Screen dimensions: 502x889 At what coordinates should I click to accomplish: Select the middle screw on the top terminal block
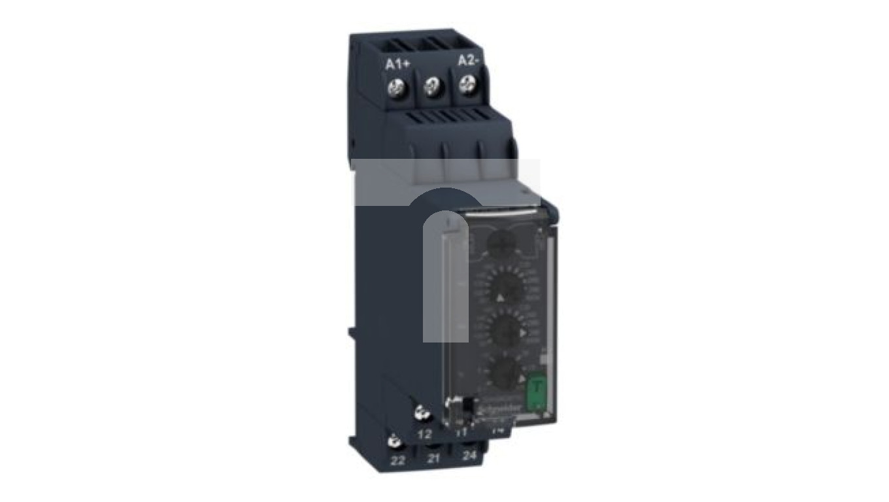[432, 85]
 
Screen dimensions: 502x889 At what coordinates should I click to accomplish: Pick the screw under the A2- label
[467, 83]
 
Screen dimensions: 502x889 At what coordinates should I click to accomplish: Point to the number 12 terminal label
[424, 434]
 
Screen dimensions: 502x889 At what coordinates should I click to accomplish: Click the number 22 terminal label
[397, 460]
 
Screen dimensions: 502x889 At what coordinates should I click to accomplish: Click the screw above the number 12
[421, 412]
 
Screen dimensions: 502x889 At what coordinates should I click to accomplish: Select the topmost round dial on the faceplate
[500, 245]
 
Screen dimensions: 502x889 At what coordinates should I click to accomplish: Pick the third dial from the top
[505, 332]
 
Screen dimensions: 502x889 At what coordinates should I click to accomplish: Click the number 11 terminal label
[460, 431]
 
